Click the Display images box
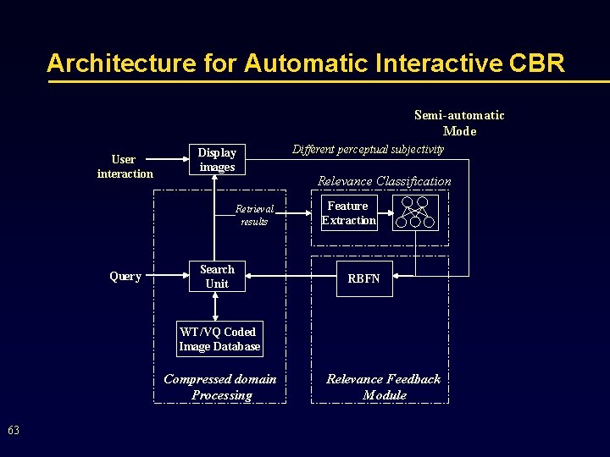(217, 160)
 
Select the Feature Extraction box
(348, 213)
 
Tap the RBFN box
(364, 278)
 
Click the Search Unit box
(217, 277)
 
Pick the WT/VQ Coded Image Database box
(219, 339)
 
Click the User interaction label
(125, 167)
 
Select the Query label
(125, 277)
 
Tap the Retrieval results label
(254, 215)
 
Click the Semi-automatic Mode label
(459, 123)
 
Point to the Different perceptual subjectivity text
(368, 150)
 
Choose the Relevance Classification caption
(384, 181)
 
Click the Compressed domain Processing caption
(220, 387)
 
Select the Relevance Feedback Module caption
(384, 387)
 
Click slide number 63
(14, 431)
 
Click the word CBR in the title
(538, 63)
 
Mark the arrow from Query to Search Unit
(166, 276)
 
